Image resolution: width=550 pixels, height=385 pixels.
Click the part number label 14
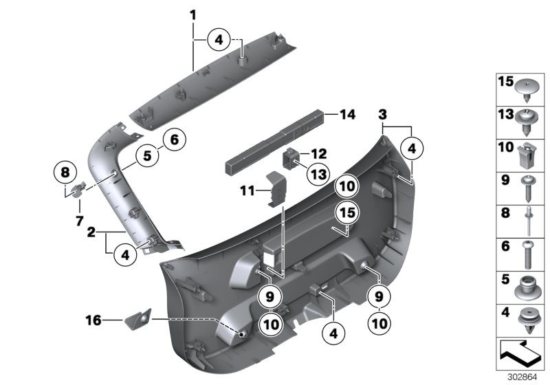(349, 116)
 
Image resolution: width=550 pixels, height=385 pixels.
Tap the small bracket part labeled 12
(293, 159)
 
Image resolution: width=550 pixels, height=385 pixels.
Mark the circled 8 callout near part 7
(65, 170)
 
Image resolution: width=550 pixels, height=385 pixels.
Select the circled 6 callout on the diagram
(173, 140)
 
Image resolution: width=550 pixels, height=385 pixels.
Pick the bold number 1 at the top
(193, 14)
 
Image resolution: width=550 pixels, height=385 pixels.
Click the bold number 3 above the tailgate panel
(383, 113)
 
